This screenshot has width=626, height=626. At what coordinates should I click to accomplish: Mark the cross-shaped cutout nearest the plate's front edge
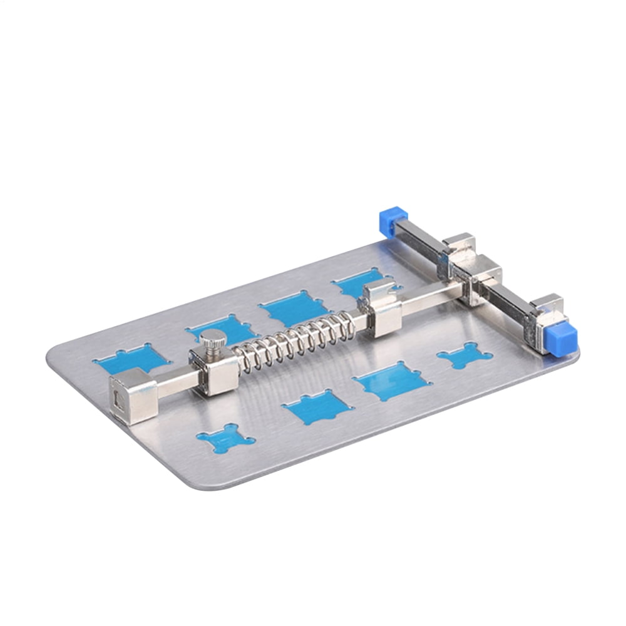tap(225, 438)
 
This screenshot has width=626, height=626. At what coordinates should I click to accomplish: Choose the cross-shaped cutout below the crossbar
tap(464, 357)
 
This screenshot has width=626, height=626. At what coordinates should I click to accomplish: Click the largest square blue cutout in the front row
tap(392, 381)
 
